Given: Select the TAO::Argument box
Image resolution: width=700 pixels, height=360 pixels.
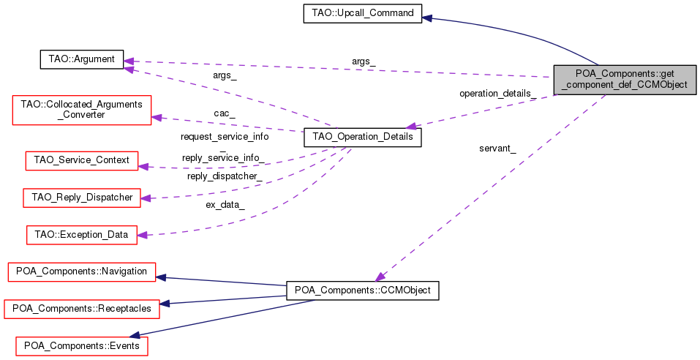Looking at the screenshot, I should [80, 59].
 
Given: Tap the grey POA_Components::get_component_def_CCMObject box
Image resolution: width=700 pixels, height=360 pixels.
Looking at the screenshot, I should [625, 79].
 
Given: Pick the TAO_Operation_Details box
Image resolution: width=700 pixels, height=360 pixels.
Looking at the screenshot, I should [362, 137].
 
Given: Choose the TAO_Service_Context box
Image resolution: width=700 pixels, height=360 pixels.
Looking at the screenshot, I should [81, 160].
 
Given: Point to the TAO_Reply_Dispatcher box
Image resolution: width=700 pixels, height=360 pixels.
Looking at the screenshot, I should [82, 198].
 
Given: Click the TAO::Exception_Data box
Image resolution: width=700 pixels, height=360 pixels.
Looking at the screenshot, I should [81, 235].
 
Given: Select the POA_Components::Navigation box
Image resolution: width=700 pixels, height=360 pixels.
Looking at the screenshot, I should [81, 272].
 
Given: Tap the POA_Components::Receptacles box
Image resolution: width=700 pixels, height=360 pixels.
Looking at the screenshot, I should [81, 309].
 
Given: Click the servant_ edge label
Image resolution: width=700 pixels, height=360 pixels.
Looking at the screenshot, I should [497, 149].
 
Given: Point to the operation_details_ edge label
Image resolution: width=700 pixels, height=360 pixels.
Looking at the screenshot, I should [497, 94].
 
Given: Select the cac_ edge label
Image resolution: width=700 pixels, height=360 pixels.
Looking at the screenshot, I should [224, 113].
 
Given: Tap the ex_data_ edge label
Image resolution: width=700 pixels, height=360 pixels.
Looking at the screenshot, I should [225, 205].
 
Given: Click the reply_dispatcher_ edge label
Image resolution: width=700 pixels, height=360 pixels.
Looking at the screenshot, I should [225, 176].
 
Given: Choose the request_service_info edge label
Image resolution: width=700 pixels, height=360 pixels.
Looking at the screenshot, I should [224, 137].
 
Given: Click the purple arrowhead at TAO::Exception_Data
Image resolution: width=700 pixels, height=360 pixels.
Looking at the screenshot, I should [143, 235].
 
